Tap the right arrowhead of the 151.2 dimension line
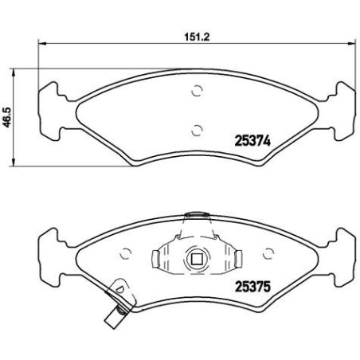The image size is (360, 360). [x=351, y=44]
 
